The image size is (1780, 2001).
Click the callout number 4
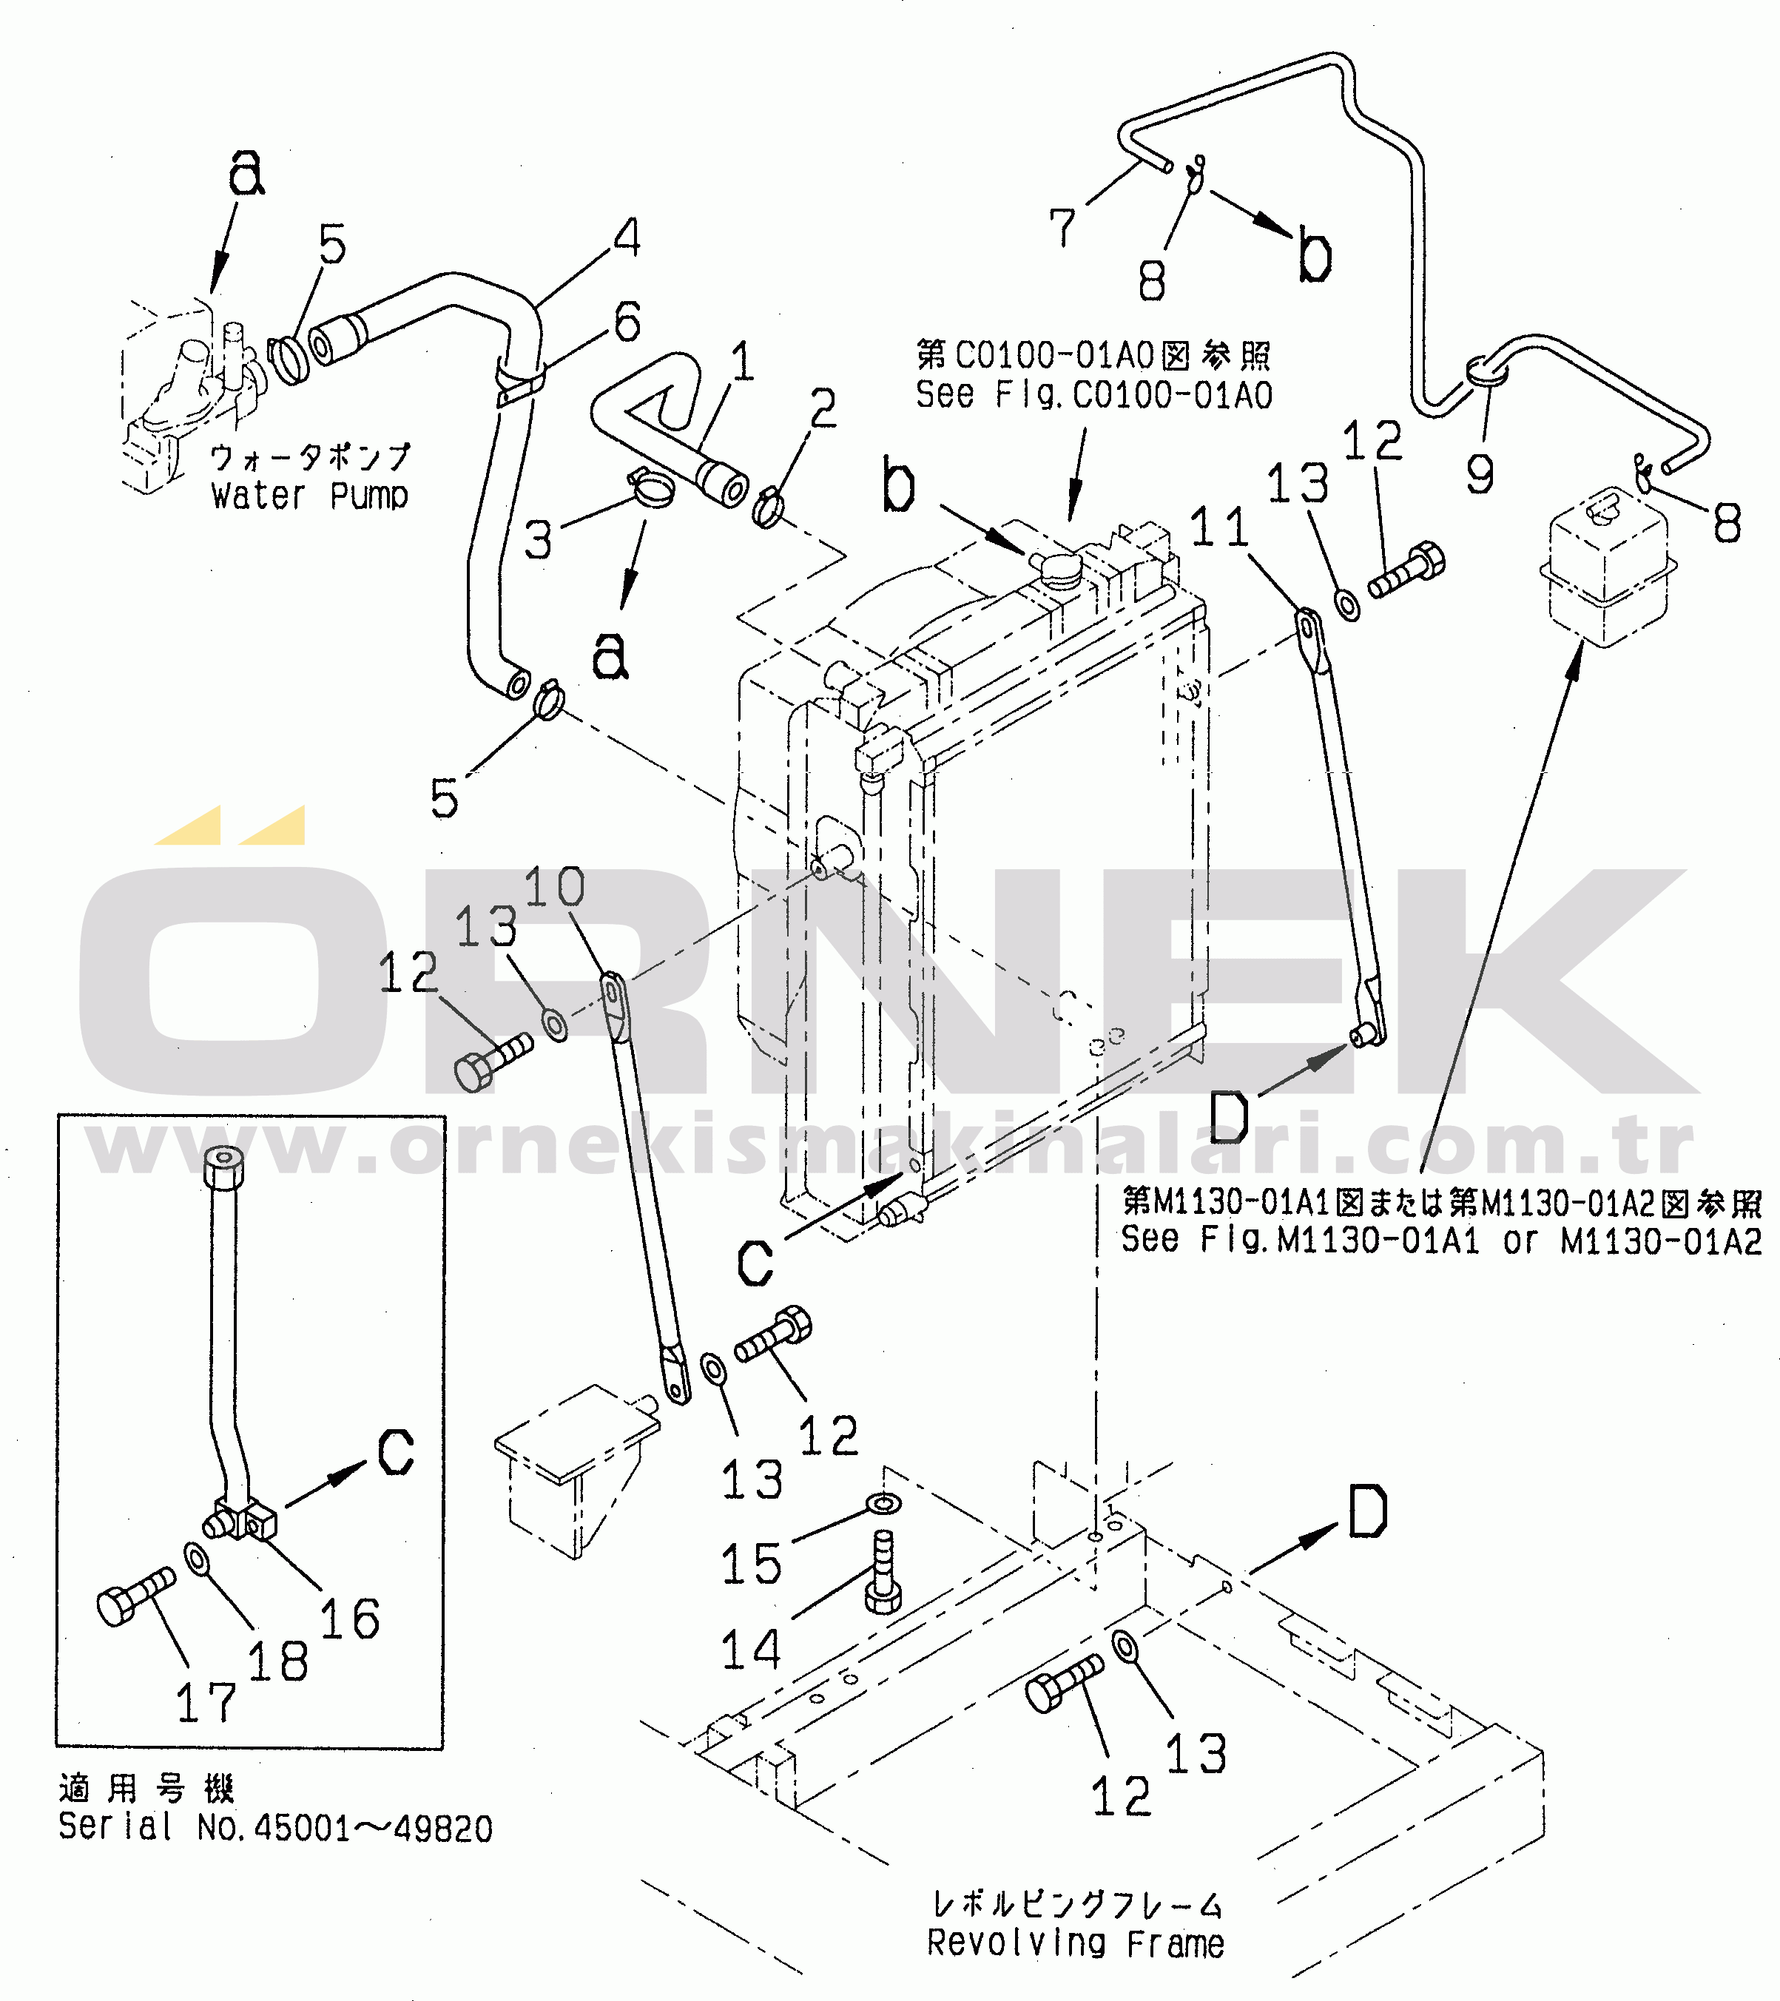(627, 238)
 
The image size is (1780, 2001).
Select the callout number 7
(1062, 228)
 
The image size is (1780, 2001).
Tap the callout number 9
(1480, 474)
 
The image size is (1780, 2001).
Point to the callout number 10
(554, 887)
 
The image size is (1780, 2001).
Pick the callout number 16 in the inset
(349, 1619)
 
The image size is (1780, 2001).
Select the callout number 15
(751, 1563)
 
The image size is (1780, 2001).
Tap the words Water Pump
(309, 496)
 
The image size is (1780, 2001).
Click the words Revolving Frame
(1075, 1943)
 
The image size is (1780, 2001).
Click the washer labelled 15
(884, 1502)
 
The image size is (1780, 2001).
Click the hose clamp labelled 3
(650, 487)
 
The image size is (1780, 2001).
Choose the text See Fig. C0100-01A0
(1093, 396)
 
